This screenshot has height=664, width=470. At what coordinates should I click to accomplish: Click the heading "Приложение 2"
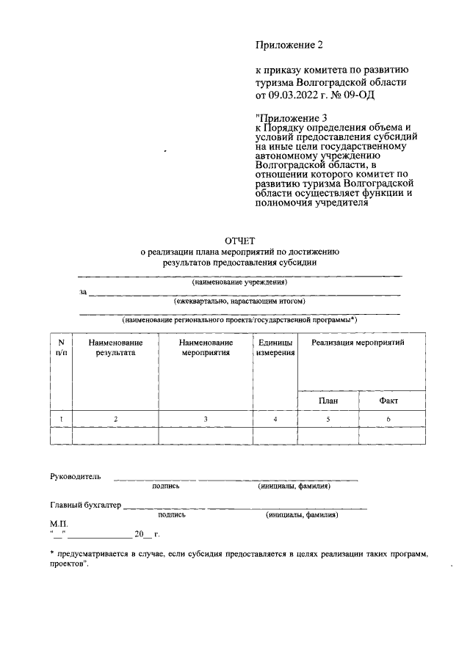tap(289, 45)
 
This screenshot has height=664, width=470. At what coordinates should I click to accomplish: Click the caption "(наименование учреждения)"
tap(239, 282)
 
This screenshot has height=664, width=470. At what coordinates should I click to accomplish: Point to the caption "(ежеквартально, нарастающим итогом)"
tap(239, 301)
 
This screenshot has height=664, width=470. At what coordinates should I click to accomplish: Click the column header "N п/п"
tap(61, 347)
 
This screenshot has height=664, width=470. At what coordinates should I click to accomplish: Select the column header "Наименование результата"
tap(115, 347)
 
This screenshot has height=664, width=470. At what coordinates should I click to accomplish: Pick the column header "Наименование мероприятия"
tap(206, 347)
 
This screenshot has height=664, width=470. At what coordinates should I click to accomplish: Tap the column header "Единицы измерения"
tap(275, 347)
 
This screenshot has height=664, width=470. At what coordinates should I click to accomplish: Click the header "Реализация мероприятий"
tap(358, 343)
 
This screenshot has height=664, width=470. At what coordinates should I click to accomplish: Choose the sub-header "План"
tap(328, 401)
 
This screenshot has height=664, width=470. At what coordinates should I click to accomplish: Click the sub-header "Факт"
tap(388, 401)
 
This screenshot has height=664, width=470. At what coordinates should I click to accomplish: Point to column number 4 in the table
tap(275, 419)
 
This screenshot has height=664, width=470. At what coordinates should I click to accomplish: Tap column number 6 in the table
tap(388, 419)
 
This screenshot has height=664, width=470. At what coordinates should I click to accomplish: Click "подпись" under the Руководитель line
tap(165, 486)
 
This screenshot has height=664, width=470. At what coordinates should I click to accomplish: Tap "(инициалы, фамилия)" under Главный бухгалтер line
tap(302, 515)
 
